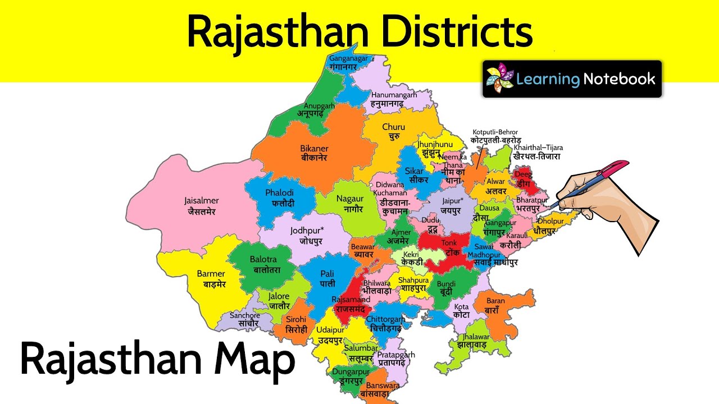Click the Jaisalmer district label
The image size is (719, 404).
(201, 206)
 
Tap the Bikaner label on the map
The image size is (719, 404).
(314, 153)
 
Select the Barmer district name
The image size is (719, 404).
(211, 279)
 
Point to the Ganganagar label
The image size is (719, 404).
(348, 62)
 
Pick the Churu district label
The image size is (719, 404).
(393, 131)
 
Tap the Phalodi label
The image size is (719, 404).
(280, 198)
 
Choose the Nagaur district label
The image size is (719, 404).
(350, 204)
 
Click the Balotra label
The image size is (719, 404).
(266, 265)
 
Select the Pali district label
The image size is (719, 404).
(327, 278)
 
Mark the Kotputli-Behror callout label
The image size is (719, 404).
(495, 136)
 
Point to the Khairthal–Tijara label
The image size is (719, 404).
(538, 152)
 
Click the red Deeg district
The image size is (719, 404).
(524, 178)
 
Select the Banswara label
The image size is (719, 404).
(383, 390)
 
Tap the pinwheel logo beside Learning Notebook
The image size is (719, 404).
(499, 79)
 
